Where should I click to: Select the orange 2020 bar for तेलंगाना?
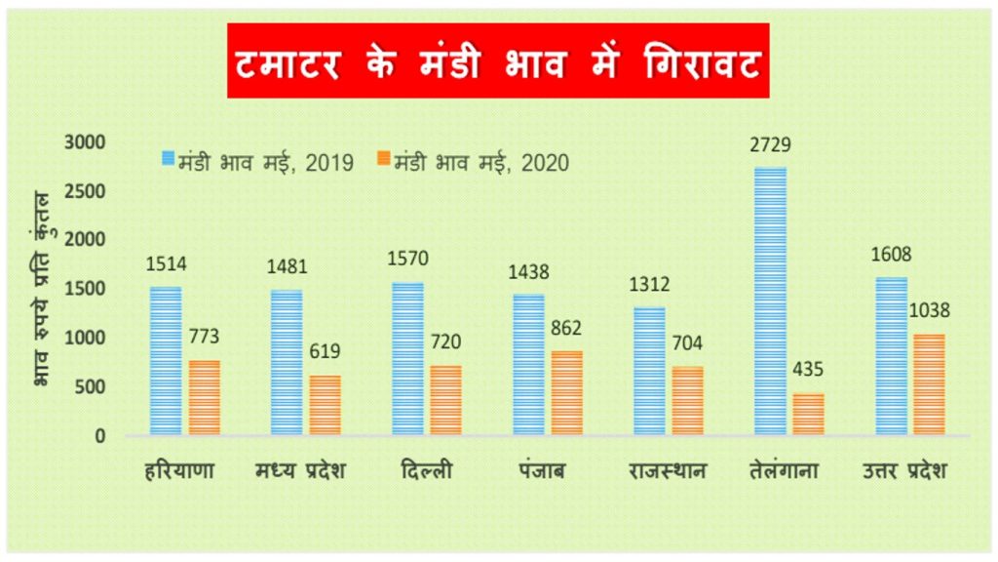(x=808, y=414)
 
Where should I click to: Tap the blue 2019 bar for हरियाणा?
(x=166, y=360)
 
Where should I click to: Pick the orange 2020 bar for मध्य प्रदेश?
(x=325, y=404)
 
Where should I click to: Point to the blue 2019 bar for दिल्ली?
(x=407, y=358)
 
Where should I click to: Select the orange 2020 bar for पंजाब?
(x=566, y=392)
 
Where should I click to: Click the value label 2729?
(x=770, y=145)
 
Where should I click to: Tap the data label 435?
(x=809, y=370)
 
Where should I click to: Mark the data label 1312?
(x=648, y=284)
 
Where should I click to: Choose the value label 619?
(x=326, y=352)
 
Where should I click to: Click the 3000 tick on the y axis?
(x=85, y=142)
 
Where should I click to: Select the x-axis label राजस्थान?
(x=668, y=471)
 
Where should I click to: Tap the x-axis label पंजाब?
(x=543, y=471)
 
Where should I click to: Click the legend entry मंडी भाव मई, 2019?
(x=259, y=163)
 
